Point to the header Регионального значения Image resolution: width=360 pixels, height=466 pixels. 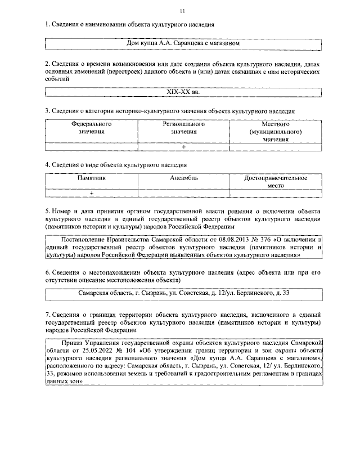pyautogui.click(x=184, y=127)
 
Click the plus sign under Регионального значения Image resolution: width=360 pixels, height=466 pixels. pyautogui.click(x=183, y=146)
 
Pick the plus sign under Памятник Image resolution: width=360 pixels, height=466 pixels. pyautogui.click(x=91, y=193)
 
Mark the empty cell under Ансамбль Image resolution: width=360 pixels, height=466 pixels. pyautogui.click(x=184, y=193)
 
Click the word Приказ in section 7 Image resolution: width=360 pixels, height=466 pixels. pyautogui.click(x=69, y=342)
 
